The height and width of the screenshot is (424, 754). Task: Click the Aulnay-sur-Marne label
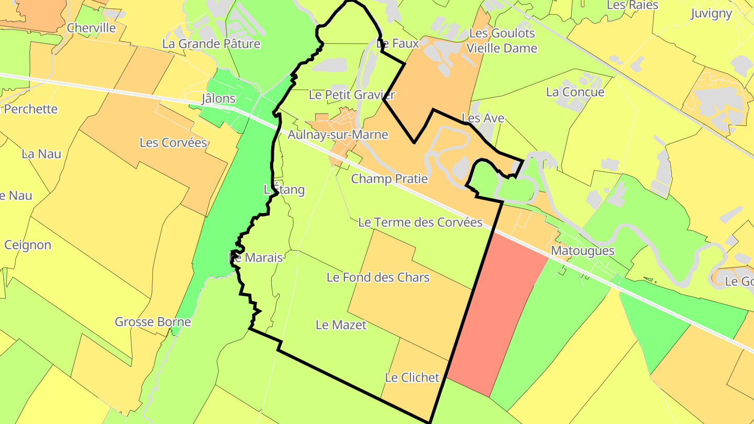[338, 135]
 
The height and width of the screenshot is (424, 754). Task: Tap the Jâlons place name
[218, 98]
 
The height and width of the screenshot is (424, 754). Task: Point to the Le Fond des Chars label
[378, 277]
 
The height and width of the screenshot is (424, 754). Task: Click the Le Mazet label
[341, 325]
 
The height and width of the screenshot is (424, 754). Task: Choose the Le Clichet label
[412, 377]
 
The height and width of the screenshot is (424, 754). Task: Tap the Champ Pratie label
[389, 179]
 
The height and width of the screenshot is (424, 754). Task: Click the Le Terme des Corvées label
[420, 222]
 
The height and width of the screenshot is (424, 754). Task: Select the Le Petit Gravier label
[352, 95]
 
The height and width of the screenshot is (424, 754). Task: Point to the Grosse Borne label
[153, 321]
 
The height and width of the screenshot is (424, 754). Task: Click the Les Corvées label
[173, 143]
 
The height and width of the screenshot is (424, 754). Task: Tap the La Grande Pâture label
[211, 43]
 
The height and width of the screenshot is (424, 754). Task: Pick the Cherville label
[92, 28]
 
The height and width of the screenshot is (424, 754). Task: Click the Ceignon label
[28, 245]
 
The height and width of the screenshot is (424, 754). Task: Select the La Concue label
[575, 92]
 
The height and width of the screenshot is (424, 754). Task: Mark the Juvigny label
[711, 14]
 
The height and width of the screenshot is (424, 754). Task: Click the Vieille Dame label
[502, 48]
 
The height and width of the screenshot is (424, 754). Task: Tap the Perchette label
[30, 109]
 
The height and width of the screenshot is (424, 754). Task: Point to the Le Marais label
[257, 258]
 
